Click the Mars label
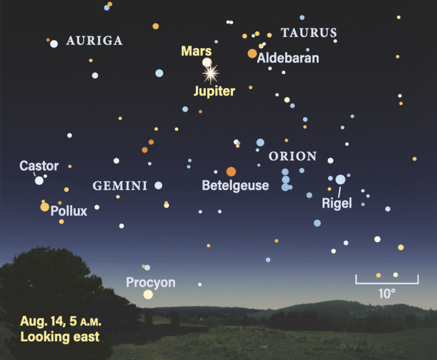[x=196, y=51]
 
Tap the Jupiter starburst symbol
[x=211, y=73]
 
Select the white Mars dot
[x=207, y=63]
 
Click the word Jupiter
[x=214, y=91]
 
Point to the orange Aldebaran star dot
[x=252, y=53]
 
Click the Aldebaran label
[x=288, y=58]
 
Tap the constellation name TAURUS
[x=309, y=33]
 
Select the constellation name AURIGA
[x=94, y=40]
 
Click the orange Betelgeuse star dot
[x=231, y=171]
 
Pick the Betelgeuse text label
[x=235, y=186]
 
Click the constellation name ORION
[x=292, y=156]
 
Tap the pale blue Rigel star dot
[x=340, y=180]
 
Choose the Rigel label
[x=337, y=203]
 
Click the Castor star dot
[x=39, y=180]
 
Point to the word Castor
[x=39, y=166]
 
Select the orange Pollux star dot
[x=45, y=207]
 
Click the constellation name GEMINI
[x=120, y=186]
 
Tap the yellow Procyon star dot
[x=149, y=294]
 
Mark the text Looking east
[x=60, y=337]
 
